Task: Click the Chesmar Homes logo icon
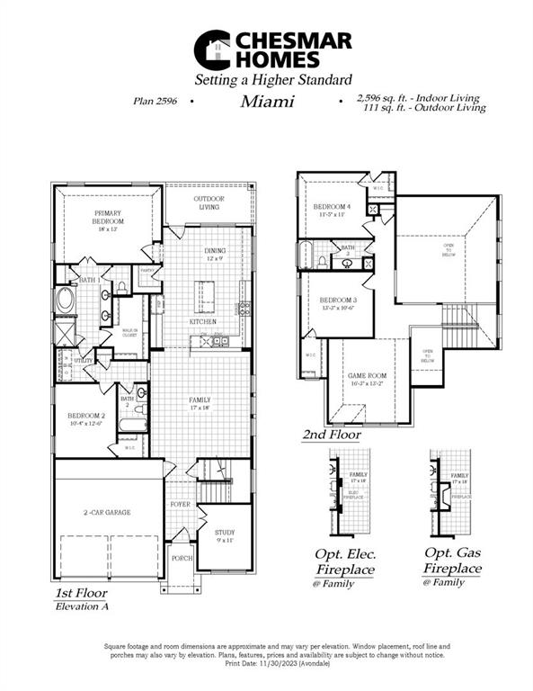click(213, 49)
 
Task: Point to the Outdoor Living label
click(209, 202)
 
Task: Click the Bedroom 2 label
click(82, 418)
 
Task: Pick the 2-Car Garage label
click(107, 511)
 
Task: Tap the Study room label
click(224, 536)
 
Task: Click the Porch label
click(182, 558)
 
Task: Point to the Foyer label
click(180, 505)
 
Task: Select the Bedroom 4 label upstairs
click(333, 211)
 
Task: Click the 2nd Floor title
click(332, 435)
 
